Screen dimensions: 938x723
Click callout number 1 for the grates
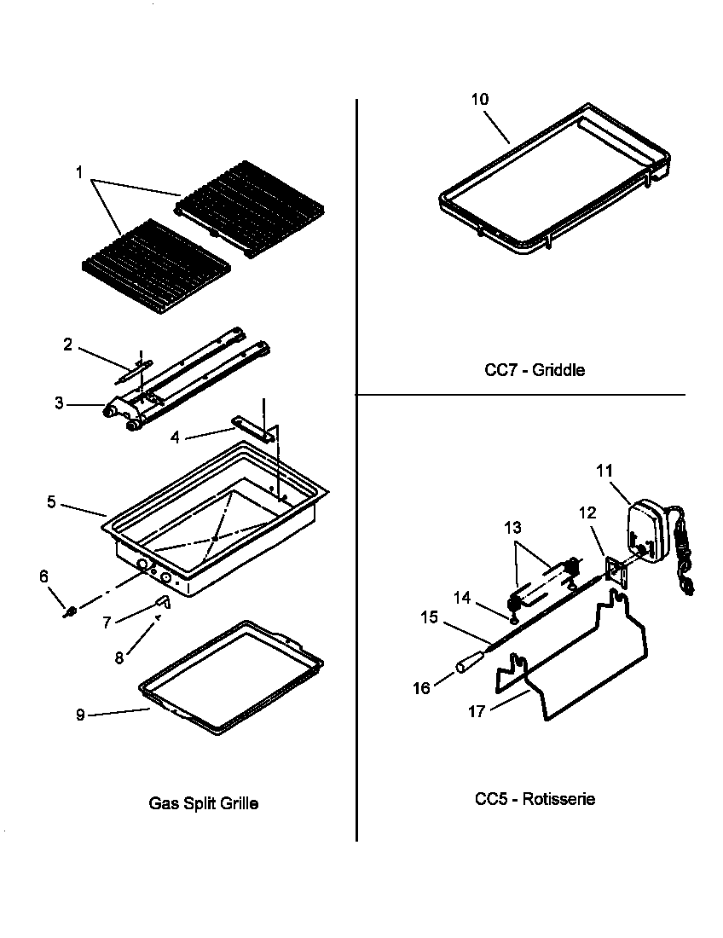point(78,173)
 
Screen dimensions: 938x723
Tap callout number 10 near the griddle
point(480,100)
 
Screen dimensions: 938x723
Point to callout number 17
point(476,710)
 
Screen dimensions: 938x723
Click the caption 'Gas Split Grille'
point(204,803)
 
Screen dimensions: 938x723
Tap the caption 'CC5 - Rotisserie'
point(535,800)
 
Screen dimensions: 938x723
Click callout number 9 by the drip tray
point(80,715)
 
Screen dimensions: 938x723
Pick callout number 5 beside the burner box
point(51,502)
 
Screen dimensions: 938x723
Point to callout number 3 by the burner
point(59,402)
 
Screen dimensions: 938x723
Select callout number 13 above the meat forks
point(512,529)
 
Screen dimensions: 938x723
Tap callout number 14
point(462,598)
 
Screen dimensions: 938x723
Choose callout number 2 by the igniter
point(67,345)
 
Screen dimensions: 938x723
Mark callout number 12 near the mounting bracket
point(587,512)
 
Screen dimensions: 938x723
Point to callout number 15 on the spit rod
point(429,617)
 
